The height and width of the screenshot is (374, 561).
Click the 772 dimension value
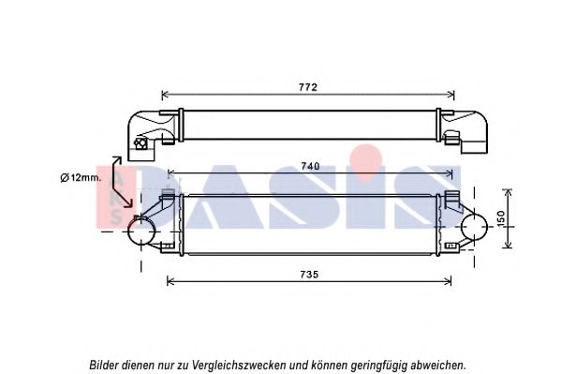[x=308, y=87]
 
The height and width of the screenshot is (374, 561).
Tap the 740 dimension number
[x=310, y=167]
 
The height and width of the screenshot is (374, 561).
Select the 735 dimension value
[x=309, y=275]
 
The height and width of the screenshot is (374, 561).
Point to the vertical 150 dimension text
[x=501, y=218]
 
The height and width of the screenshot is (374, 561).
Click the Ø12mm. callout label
[x=81, y=178]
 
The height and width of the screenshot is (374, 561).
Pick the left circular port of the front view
[x=141, y=232]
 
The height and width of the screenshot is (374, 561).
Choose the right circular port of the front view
[x=475, y=227]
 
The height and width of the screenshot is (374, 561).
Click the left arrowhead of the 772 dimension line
[x=165, y=96]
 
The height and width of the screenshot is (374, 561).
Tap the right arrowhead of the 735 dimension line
[x=448, y=281]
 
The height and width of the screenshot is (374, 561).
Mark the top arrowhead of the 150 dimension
[x=508, y=193]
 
